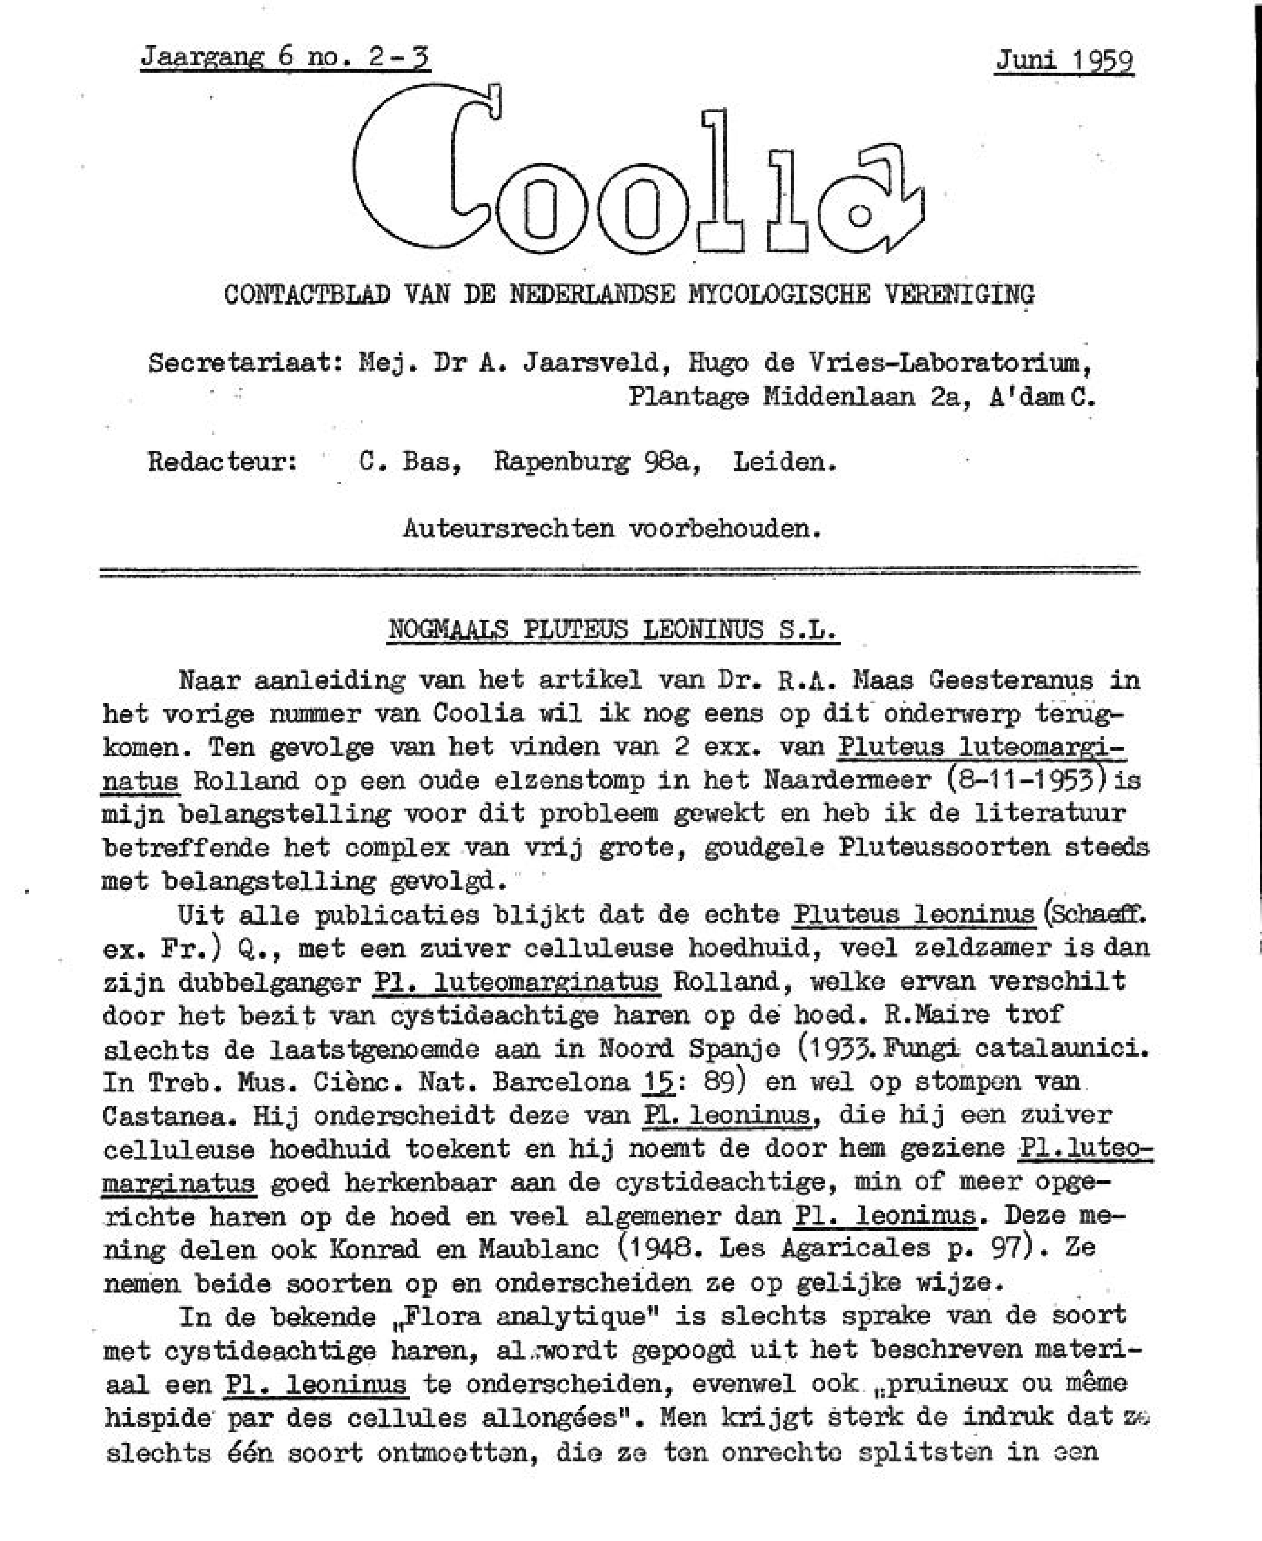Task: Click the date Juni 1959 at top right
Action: [x=1064, y=60]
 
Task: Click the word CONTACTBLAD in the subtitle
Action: [x=307, y=294]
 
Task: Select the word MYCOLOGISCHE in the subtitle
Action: [x=777, y=294]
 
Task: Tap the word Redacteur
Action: [x=222, y=462]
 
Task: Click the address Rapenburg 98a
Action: [x=597, y=462]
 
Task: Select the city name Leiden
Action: [x=784, y=462]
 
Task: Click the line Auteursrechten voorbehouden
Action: [x=612, y=528]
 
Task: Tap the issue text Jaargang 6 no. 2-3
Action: [x=285, y=57]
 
